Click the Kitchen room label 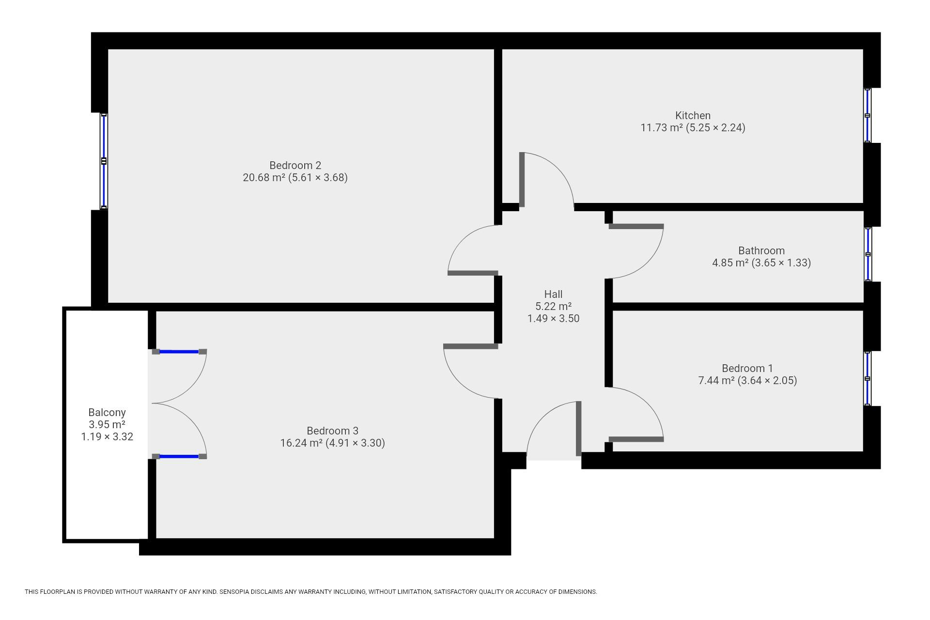[693, 115]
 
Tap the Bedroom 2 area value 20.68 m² [264, 177]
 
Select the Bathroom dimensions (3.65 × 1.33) [781, 263]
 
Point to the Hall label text [553, 294]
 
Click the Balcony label [107, 412]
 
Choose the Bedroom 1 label [747, 368]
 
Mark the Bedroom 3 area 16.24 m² [301, 443]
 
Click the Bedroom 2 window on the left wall [104, 161]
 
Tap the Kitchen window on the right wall [868, 115]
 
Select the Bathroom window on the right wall [868, 254]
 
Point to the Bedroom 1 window [868, 378]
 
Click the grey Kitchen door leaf [522, 180]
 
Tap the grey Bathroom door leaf [636, 226]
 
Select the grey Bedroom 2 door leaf [473, 273]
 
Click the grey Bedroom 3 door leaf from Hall [471, 346]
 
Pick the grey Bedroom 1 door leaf [636, 439]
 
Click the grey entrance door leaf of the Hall [578, 429]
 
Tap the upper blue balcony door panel [179, 352]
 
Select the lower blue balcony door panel [179, 456]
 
